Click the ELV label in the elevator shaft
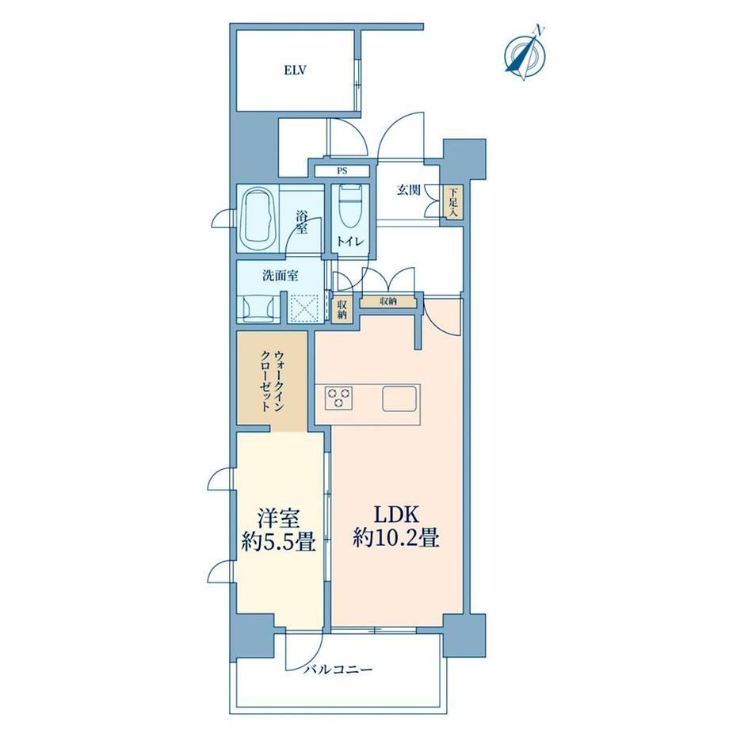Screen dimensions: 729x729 296,71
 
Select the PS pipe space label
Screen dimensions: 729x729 342,171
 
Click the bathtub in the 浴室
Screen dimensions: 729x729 258,218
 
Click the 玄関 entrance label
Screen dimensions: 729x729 408,189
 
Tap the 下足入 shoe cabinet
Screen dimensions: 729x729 452,202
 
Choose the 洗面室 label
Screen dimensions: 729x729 280,276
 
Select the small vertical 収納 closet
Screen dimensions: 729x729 342,308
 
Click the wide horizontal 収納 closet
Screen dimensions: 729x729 388,301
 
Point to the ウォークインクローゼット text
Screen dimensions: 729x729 272,381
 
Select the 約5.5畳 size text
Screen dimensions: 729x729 278,542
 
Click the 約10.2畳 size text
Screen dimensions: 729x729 396,538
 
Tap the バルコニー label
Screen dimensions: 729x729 338,670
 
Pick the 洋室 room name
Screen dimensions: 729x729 278,519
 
